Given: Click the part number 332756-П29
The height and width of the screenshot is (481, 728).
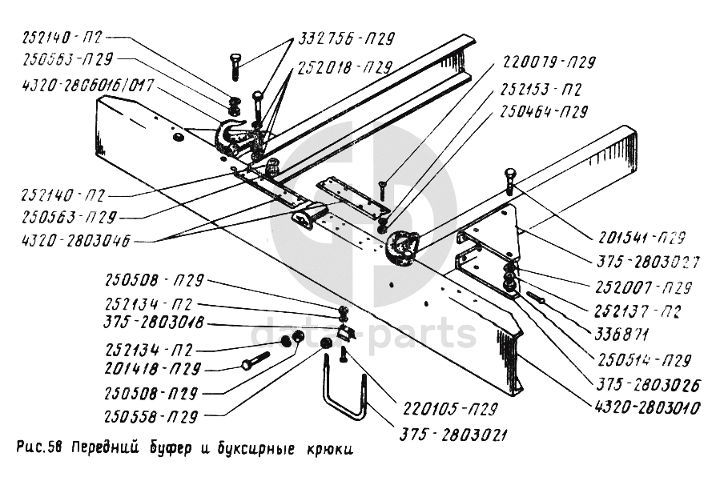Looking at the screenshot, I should pos(347,38).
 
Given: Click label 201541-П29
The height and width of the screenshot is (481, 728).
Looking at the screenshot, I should pos(640,238).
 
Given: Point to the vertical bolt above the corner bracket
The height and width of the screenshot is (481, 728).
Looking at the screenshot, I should pos(509,182).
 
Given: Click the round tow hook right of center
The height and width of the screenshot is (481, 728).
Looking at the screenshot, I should pos(401,245).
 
